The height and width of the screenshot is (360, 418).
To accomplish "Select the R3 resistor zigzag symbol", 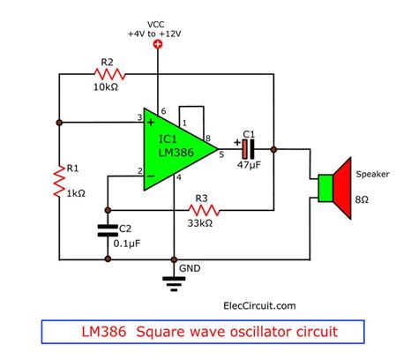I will [x=203, y=210].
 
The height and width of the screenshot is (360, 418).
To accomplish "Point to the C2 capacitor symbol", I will [x=108, y=231].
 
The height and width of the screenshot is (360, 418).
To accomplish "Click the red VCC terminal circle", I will [x=158, y=42].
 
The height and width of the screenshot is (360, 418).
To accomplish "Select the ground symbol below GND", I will [x=174, y=281].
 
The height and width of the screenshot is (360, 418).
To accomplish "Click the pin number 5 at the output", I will [x=221, y=156].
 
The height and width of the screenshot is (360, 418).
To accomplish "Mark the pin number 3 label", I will [x=139, y=116].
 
